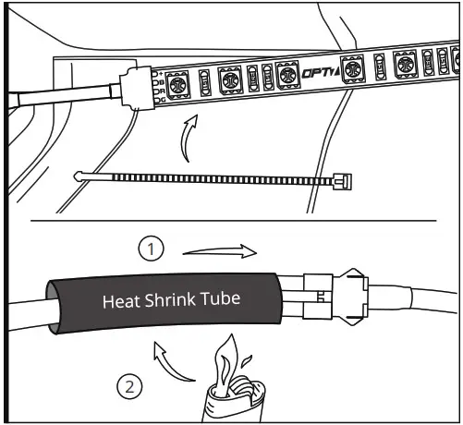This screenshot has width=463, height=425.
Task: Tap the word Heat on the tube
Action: tap(120, 301)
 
